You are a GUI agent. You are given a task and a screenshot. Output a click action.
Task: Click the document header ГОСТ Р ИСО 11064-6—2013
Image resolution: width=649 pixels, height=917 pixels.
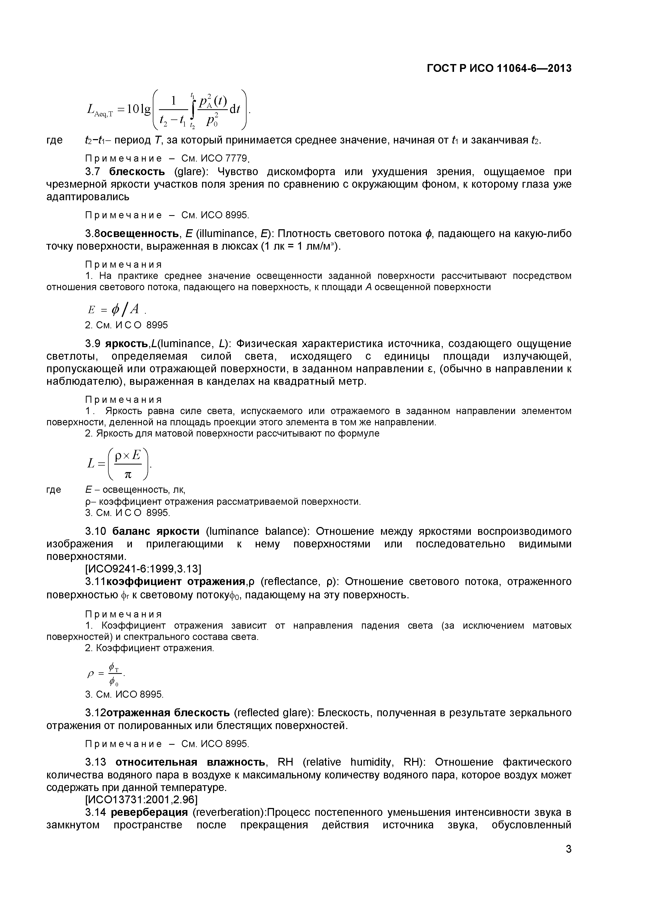tap(499, 69)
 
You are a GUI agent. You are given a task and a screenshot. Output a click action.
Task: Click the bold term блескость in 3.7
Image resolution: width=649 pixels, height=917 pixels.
tap(137, 172)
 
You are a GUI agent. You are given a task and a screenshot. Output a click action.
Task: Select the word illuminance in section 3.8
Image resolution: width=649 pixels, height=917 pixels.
tap(230, 234)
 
